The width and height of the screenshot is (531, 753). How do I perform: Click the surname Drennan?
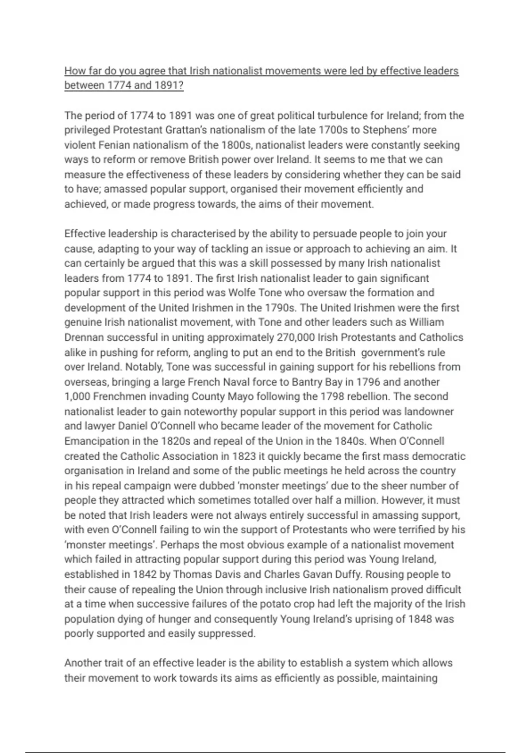point(84,338)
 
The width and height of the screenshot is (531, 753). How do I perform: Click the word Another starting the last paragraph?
point(83,663)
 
